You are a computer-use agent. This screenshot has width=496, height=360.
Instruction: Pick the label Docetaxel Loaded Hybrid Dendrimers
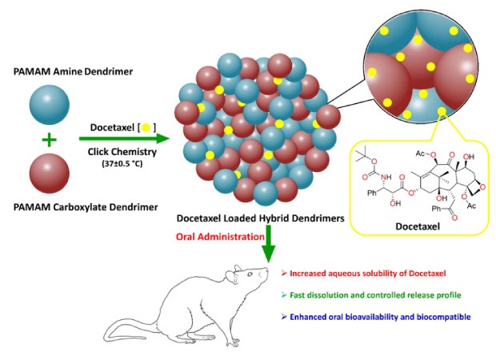(x=253, y=218)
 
